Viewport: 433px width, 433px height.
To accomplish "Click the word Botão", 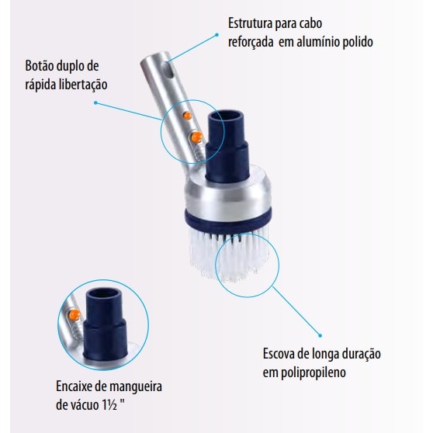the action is click(x=39, y=66).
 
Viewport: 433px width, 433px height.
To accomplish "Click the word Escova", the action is click(x=279, y=354).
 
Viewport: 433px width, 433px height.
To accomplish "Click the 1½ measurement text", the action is click(x=109, y=405).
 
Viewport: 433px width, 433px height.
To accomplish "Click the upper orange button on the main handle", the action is click(x=187, y=116).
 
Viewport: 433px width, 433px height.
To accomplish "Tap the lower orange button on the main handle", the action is click(x=196, y=137).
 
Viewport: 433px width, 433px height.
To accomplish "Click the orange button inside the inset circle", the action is click(x=74, y=315).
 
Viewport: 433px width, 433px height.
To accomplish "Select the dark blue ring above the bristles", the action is click(x=228, y=220).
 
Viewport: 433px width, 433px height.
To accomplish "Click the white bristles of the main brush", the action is click(x=229, y=253).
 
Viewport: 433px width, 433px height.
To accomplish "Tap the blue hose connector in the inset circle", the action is click(x=105, y=324).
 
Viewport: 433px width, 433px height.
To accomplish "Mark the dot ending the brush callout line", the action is click(x=320, y=336).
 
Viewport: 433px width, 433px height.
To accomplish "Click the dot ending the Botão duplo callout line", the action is click(x=95, y=102).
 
